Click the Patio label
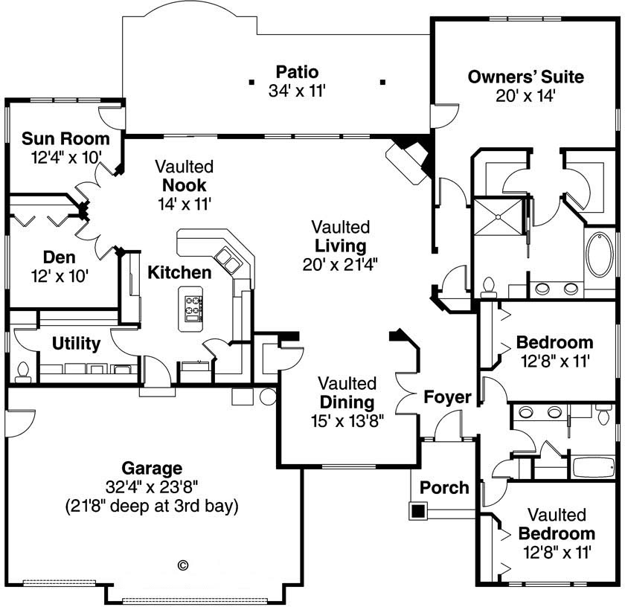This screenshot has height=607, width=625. point(297,72)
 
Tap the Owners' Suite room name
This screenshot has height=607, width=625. point(525,77)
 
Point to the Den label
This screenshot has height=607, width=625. point(59,257)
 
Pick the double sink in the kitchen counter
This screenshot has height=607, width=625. point(228,261)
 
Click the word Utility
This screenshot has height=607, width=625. point(76,344)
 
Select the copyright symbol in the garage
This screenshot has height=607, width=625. point(183,565)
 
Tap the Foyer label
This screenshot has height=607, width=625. point(447,397)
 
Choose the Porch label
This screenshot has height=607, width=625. point(444,488)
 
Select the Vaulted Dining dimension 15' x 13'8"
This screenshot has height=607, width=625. point(347,420)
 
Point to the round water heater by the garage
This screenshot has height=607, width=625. point(268,396)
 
